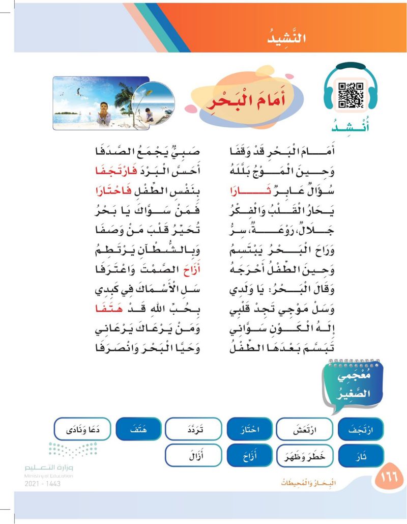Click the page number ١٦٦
point(389,478)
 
